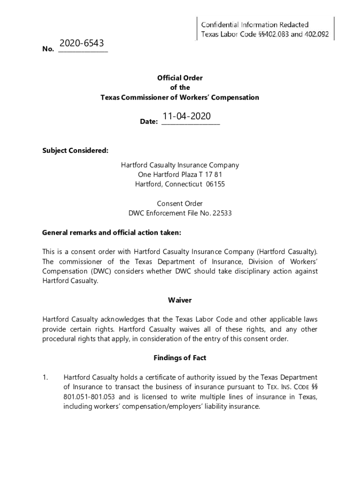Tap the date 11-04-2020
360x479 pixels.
click(x=187, y=116)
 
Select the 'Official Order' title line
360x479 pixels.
click(x=180, y=78)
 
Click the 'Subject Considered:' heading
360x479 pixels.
click(x=75, y=151)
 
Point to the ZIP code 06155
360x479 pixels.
click(x=216, y=184)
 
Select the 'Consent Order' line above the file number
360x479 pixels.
click(x=180, y=203)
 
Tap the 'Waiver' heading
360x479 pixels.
click(x=180, y=300)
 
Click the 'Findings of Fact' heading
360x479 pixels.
click(x=180, y=358)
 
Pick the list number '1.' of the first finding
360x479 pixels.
click(x=45, y=377)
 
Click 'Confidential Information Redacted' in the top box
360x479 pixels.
click(x=255, y=24)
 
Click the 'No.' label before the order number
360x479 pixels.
click(x=48, y=49)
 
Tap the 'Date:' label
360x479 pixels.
click(x=149, y=122)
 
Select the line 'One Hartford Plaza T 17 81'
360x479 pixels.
click(x=180, y=174)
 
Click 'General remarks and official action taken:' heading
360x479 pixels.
click(x=111, y=232)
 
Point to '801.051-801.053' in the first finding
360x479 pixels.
click(x=88, y=397)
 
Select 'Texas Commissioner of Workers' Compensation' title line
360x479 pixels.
click(x=180, y=97)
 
